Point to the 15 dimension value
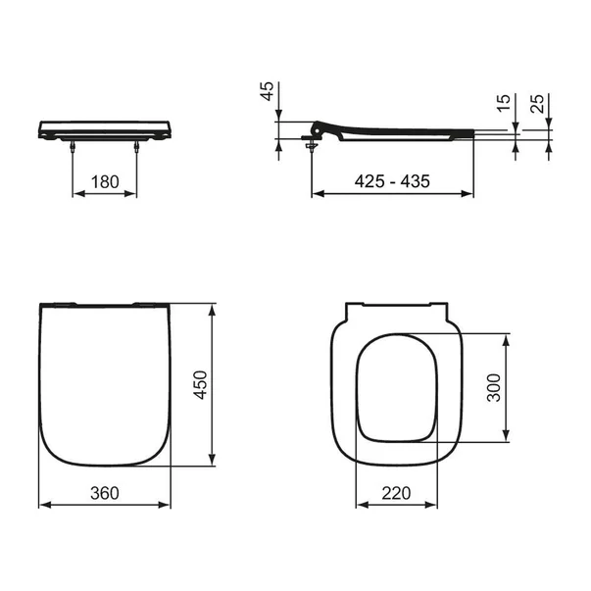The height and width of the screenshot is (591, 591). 503,104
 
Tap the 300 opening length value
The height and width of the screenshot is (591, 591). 494,388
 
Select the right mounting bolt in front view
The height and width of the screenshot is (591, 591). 136,145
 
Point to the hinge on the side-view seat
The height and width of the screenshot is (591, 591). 317,129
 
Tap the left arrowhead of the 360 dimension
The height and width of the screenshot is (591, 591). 42,506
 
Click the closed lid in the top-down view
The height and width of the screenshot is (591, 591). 106,382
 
